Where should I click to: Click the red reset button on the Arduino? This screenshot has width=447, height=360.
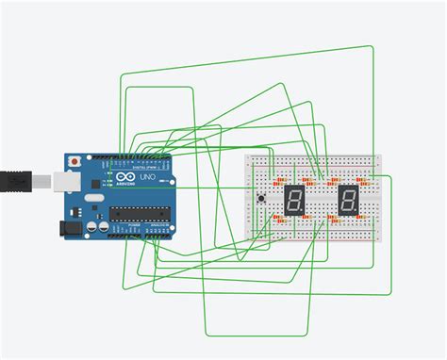pos(74,161)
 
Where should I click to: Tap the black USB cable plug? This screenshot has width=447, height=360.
pos(19,177)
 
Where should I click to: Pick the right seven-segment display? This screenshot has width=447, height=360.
pos(348,200)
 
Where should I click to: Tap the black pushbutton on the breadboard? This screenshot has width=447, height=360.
pos(260,198)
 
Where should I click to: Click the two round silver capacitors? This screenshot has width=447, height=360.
pos(97,227)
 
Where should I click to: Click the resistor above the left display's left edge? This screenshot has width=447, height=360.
pos(280,182)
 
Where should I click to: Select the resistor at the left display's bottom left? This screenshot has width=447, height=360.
pos(278,218)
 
